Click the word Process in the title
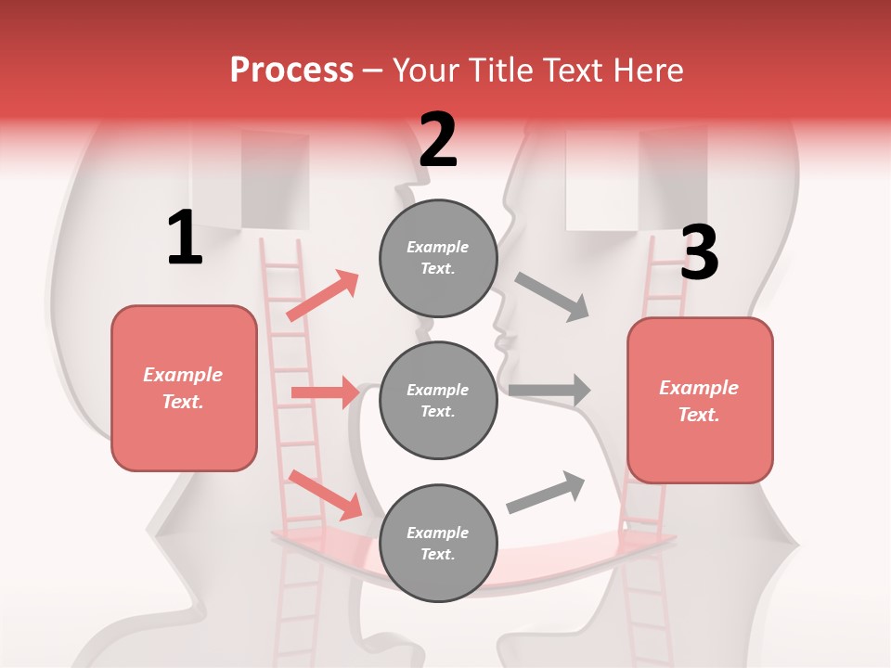[291, 71]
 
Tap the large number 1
[185, 238]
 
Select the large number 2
[438, 140]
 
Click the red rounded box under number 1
[184, 388]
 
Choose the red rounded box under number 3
[700, 400]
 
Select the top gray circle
[438, 258]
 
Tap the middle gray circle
[438, 400]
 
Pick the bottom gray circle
[438, 543]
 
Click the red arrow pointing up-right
[322, 296]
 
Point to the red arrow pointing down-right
[325, 495]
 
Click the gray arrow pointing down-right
[552, 297]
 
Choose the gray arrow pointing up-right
[546, 493]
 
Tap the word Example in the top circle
[437, 248]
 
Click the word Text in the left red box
[182, 403]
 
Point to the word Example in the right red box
[699, 388]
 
